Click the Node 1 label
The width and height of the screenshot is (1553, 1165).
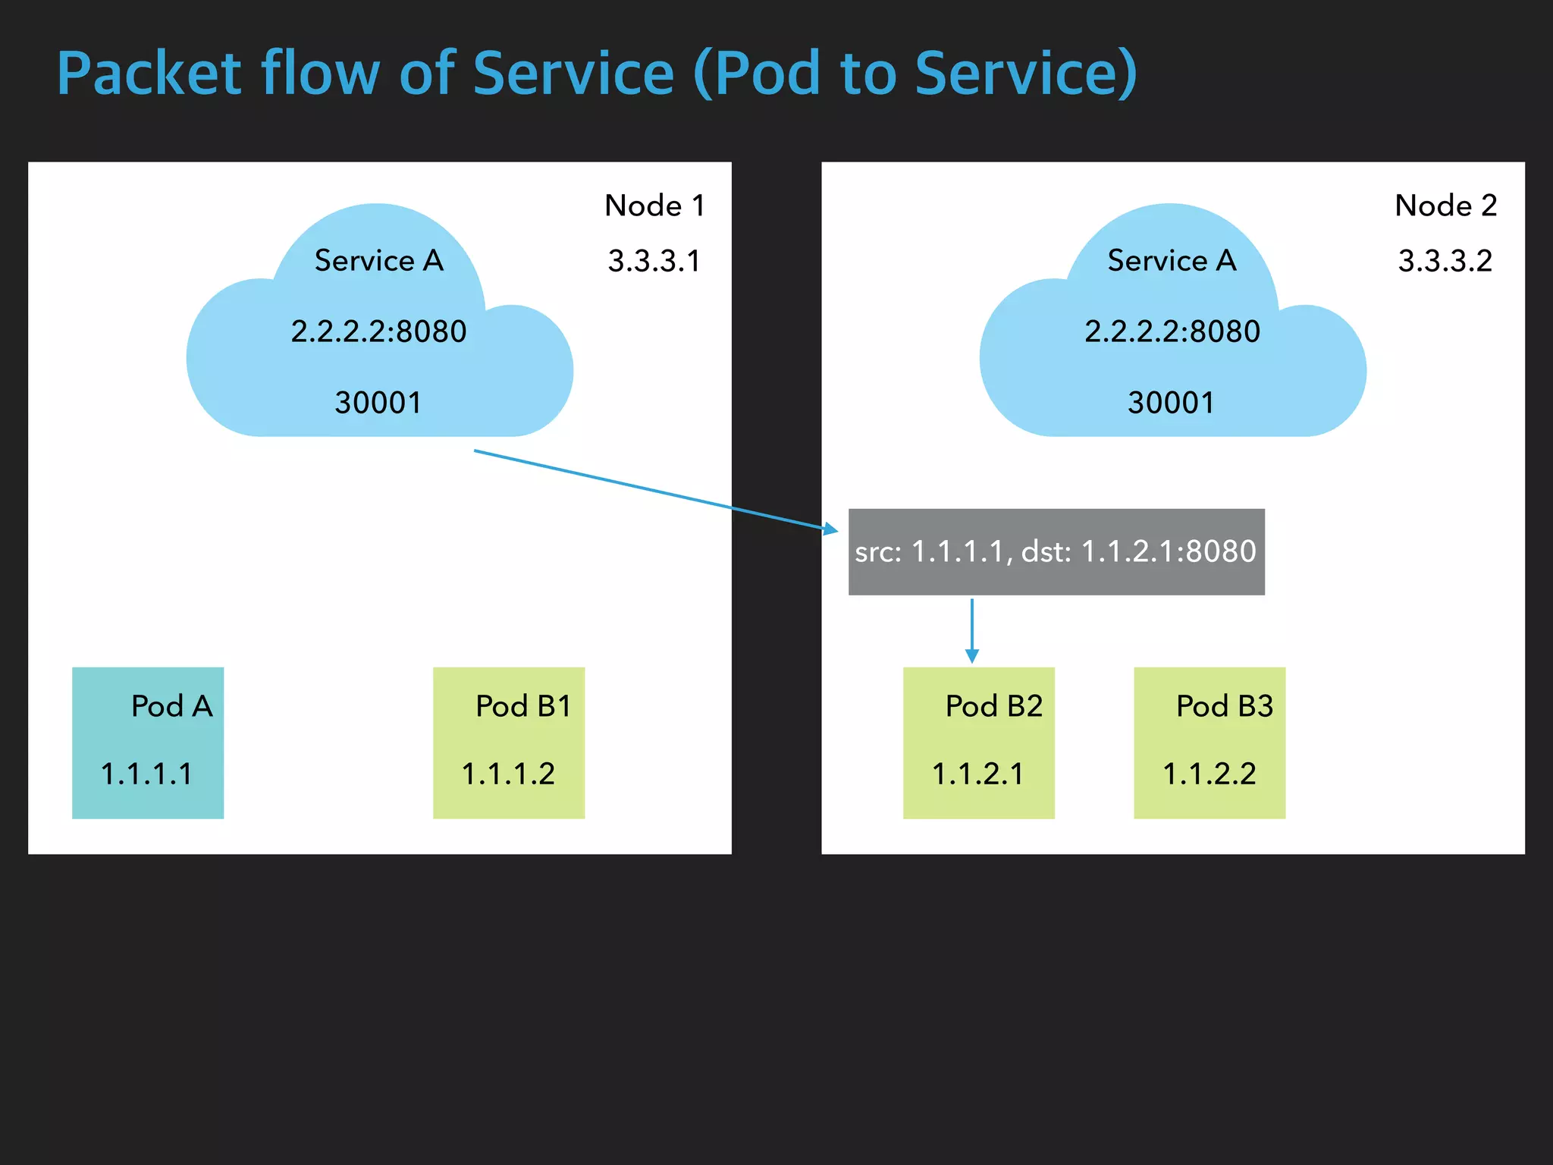coord(654,206)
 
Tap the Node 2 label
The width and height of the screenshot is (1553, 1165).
coord(1445,206)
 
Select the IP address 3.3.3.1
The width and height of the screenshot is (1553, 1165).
coord(654,261)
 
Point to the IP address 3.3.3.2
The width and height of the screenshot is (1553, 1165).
coord(1445,261)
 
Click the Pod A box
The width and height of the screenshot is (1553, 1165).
coord(148,743)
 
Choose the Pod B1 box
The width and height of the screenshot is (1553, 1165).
coord(509,743)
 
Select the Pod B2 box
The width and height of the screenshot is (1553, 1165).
coord(978,743)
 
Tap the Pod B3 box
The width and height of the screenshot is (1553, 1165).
coord(1209,743)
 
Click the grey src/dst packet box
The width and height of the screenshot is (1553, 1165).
coord(1056,551)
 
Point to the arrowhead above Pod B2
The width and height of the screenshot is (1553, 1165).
coord(972,655)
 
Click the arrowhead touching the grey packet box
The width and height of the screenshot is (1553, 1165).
coord(831,529)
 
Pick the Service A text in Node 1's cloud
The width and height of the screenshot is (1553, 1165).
coord(379,261)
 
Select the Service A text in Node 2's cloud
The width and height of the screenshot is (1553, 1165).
coord(1172,261)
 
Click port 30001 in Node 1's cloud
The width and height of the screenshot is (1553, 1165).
coord(378,403)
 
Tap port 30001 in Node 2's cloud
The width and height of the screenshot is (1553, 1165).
coord(1171,403)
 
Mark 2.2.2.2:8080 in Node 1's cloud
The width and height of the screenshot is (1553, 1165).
coord(378,331)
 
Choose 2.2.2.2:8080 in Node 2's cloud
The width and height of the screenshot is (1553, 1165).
coord(1172,331)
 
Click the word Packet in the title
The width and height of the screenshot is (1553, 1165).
coord(149,74)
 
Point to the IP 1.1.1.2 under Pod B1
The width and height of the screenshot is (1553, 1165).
coord(508,774)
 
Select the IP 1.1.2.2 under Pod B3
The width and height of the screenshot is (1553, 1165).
coord(1209,774)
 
